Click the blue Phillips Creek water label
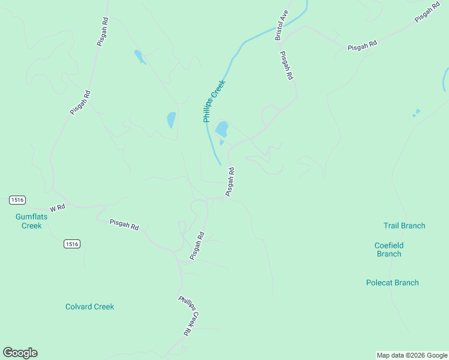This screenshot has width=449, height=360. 214,101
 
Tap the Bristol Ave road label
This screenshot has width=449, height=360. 282,26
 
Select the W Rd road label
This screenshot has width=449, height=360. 57,208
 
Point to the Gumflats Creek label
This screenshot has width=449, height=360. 28,221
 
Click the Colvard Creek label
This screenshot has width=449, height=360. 89,307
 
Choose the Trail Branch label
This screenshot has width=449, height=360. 404,226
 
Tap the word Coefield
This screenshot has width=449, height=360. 388,245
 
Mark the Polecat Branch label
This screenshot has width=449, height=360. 392,283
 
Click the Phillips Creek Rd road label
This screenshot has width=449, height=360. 188,315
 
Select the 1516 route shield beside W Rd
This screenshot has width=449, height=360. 17,199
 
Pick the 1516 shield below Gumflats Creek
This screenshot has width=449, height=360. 72,244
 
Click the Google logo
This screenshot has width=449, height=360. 20,353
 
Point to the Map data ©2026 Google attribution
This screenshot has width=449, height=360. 412,355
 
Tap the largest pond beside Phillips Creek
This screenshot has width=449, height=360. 221,128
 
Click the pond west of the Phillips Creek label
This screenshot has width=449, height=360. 172,119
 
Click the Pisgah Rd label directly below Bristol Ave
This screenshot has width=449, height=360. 287,65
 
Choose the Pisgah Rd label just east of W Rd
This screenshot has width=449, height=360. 124,224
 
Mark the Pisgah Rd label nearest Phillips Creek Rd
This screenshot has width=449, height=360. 197,246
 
